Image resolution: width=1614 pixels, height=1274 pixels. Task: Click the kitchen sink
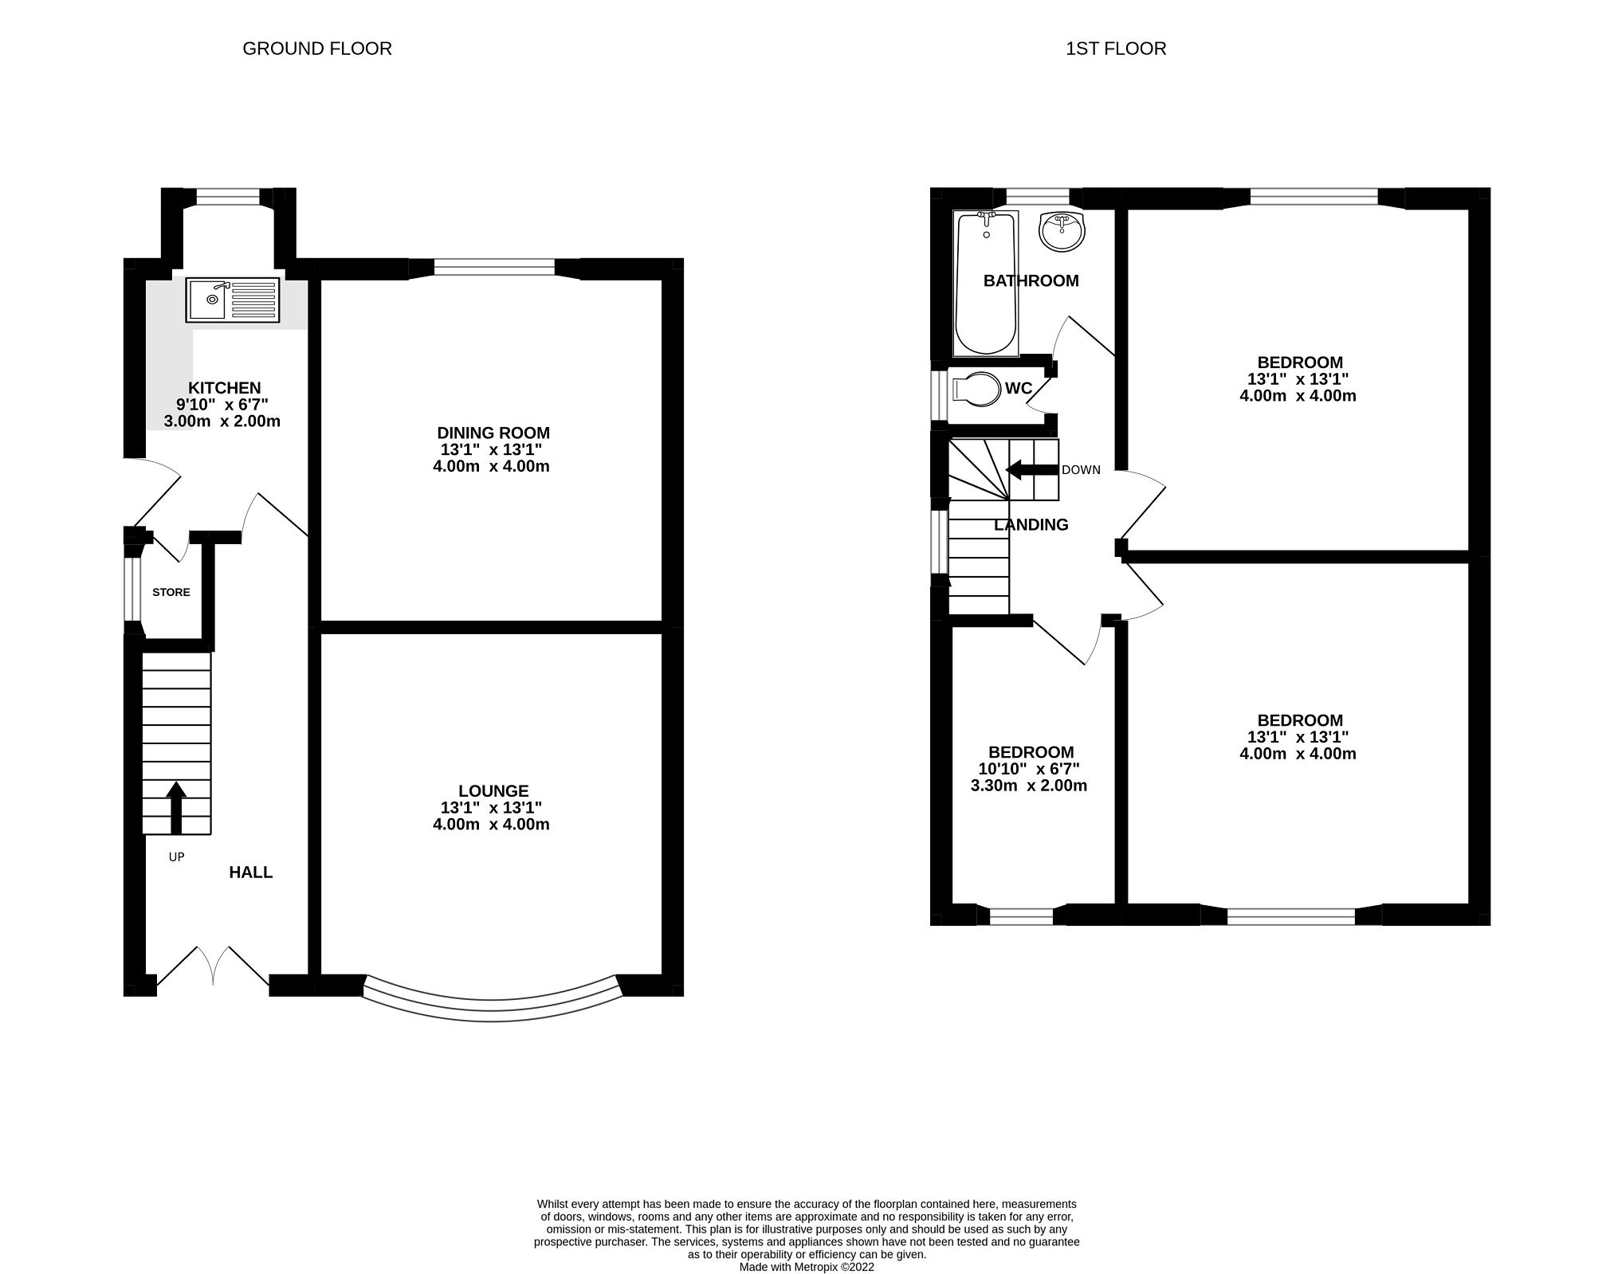232,300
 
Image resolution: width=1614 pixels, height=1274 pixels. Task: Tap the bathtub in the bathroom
986,283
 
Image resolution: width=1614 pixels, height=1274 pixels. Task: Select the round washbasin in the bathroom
1062,230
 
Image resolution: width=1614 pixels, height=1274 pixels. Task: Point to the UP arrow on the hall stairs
176,806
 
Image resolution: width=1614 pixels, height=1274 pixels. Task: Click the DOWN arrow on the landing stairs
1031,470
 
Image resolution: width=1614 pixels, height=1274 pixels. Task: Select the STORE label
171,592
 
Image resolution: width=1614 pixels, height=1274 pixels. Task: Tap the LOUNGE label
493,790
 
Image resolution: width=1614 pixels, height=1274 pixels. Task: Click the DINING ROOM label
493,433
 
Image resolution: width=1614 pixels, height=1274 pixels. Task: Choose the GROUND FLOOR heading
316,49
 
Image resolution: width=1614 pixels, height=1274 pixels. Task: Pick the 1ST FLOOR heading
1115,49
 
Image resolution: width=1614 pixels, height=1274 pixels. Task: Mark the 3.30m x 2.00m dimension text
1028,786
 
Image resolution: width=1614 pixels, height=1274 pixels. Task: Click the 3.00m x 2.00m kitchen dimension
222,421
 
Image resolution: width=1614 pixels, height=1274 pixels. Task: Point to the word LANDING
1031,524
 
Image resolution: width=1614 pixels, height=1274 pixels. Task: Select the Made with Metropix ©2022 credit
807,1267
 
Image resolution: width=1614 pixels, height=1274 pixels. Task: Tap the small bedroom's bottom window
1021,915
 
